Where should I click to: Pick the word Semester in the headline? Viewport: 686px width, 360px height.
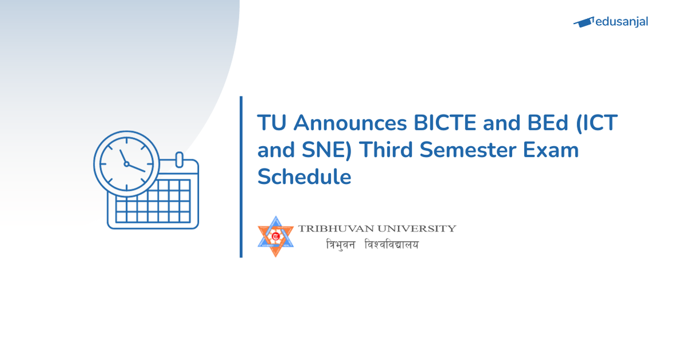coord(477,150)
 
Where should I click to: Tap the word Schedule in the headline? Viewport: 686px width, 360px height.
coord(304,177)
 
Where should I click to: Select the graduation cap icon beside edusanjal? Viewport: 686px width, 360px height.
coord(583,22)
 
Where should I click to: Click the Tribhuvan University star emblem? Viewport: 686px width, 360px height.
coord(276,236)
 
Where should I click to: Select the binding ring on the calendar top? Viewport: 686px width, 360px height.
coord(178,158)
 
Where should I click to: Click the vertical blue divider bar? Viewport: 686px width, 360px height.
coord(241,177)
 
